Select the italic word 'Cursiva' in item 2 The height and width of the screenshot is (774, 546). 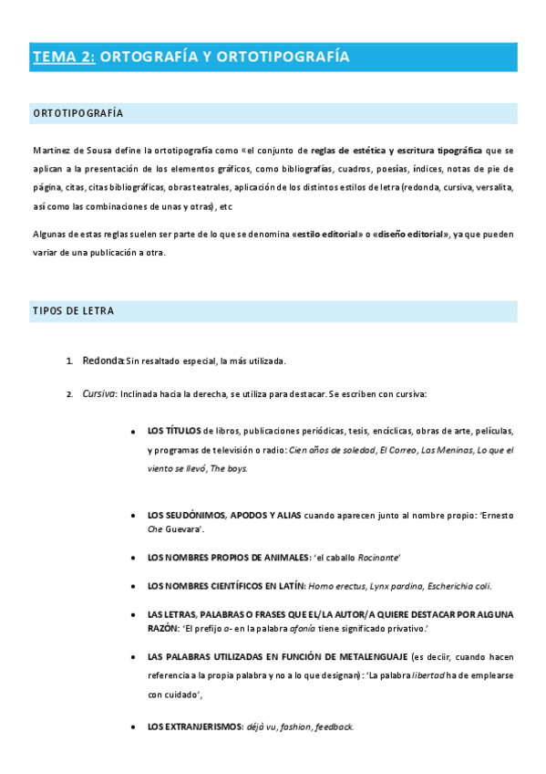click(98, 394)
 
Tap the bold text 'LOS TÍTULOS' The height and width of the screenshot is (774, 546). click(175, 430)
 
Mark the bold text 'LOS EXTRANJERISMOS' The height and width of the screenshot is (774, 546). click(194, 727)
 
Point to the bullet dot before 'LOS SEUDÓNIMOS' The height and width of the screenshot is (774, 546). click(134, 515)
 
